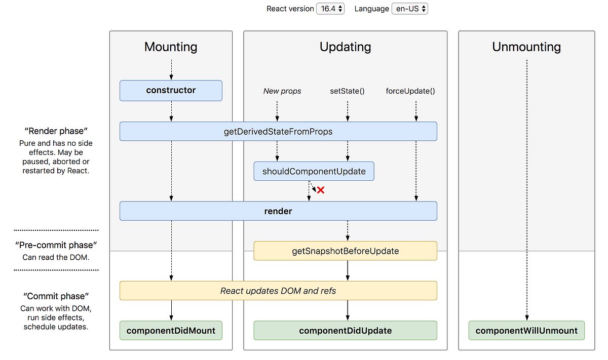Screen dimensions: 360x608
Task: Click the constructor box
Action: [171, 91]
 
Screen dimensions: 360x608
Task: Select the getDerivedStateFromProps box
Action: [278, 131]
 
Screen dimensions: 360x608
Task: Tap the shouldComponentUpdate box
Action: [314, 171]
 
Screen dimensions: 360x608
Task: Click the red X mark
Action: [320, 190]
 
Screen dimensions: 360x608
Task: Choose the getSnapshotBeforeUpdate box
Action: [345, 251]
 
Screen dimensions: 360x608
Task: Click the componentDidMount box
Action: [171, 331]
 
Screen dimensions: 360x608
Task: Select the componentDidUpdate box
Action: [345, 331]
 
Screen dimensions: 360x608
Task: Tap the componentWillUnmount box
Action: [526, 331]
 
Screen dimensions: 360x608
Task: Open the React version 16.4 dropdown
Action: [330, 9]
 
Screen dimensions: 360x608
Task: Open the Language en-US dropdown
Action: [409, 9]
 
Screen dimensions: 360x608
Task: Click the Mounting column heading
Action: [171, 47]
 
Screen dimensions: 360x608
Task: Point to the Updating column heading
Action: [345, 47]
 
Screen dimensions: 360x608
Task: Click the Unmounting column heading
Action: [526, 47]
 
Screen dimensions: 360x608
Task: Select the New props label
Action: [282, 91]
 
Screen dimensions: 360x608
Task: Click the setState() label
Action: [347, 91]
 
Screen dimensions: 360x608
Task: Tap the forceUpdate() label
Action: [410, 91]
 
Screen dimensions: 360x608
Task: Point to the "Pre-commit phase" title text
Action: [56, 246]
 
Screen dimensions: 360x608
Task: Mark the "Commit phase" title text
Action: [56, 296]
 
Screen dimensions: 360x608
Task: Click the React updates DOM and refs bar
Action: [278, 291]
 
